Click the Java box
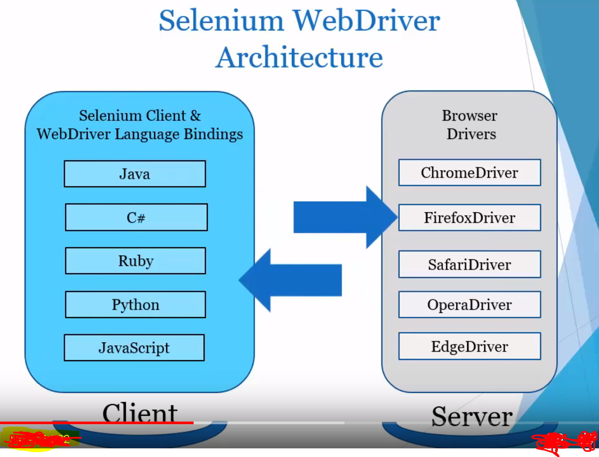(x=135, y=174)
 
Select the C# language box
(x=136, y=217)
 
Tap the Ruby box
(x=136, y=261)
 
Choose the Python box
(x=136, y=305)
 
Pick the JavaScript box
(x=134, y=348)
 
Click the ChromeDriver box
(x=469, y=173)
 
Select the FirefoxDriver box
(x=469, y=217)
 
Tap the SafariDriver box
(x=469, y=264)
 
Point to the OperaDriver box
(x=469, y=305)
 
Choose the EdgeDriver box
(x=469, y=346)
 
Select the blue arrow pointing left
(x=292, y=280)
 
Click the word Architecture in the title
(x=299, y=57)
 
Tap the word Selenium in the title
(x=221, y=21)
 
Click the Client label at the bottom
(x=140, y=412)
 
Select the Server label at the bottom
(x=472, y=416)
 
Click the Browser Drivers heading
(x=470, y=125)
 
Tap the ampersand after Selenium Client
(x=195, y=116)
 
